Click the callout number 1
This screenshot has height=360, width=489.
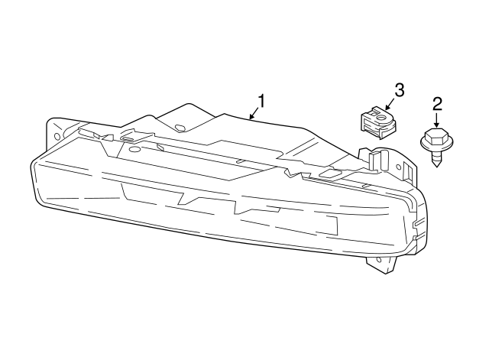pos(261,100)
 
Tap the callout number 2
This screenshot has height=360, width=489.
pos(437,103)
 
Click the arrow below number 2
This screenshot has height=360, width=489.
pos(437,120)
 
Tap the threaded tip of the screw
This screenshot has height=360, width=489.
pos(437,162)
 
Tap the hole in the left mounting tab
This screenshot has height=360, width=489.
pos(56,135)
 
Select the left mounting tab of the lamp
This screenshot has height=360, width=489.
pos(56,134)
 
